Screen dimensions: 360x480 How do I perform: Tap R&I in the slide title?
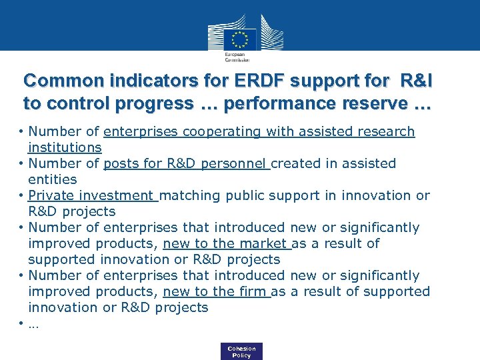[x=416, y=81]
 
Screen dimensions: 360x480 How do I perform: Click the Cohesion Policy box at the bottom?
[x=241, y=352]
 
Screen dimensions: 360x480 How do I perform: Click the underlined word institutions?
[x=65, y=147]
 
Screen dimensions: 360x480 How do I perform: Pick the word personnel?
[x=237, y=163]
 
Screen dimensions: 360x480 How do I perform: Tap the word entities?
[x=53, y=179]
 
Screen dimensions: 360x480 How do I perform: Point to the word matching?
[x=190, y=195]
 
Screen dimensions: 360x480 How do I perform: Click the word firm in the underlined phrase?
[x=253, y=291]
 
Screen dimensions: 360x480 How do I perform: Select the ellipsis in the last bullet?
[x=33, y=325]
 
